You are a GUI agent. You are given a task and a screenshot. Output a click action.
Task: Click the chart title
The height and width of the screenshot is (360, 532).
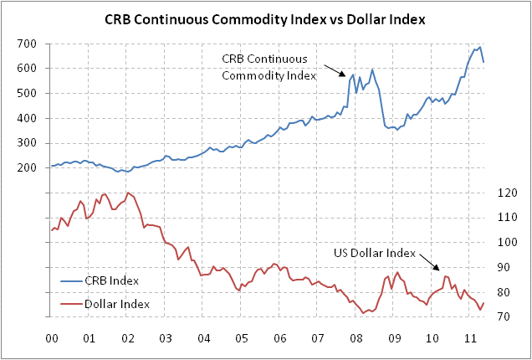pyautogui.click(x=265, y=18)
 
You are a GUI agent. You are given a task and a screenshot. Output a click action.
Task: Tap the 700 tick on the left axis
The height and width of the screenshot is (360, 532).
pyautogui.click(x=27, y=44)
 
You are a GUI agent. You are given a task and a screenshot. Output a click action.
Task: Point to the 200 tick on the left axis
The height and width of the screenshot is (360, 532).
pyautogui.click(x=27, y=167)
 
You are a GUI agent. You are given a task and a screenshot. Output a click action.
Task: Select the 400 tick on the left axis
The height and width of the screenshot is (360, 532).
pyautogui.click(x=27, y=118)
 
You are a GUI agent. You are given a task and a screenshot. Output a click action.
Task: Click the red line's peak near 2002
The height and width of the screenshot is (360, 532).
pyautogui.click(x=126, y=193)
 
